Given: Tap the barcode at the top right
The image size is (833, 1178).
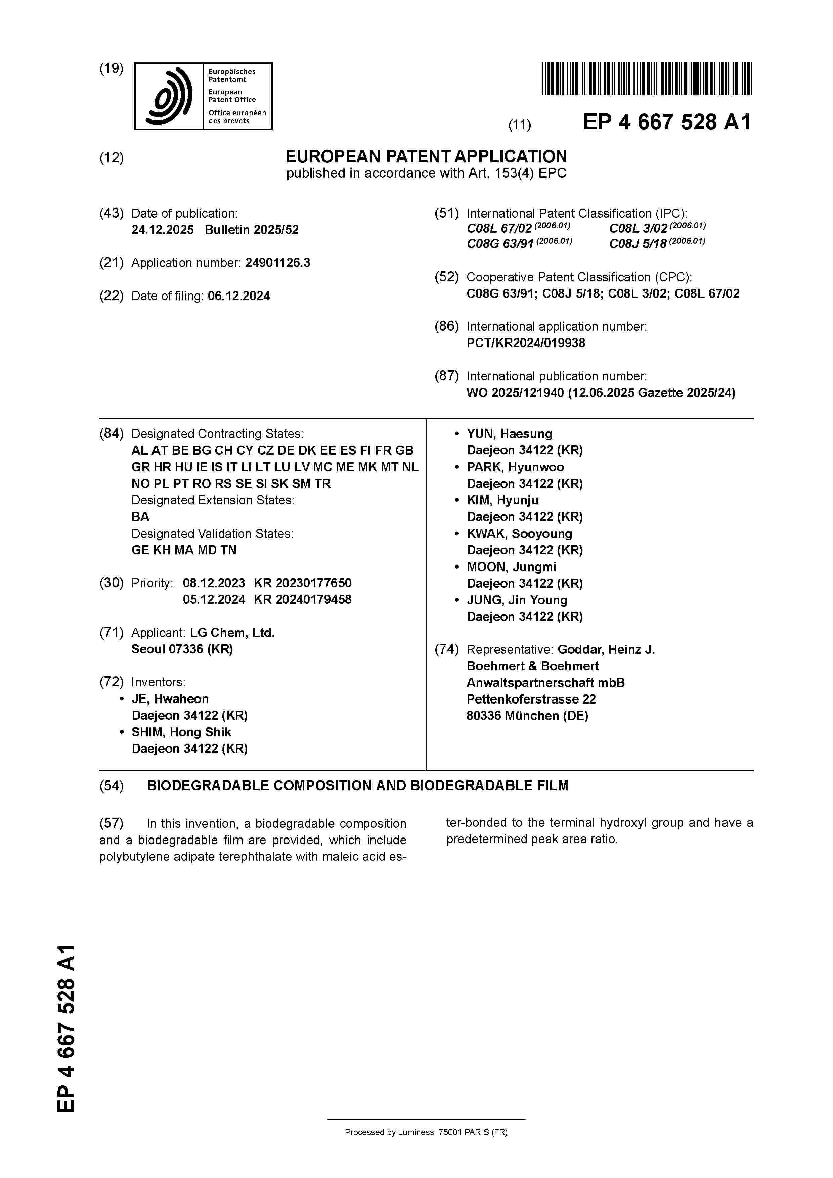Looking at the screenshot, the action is [x=646, y=79].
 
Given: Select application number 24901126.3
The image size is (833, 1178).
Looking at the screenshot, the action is [x=278, y=263].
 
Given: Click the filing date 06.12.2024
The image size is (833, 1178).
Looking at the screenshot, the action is [x=239, y=296].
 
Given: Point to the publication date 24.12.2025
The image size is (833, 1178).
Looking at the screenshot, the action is [x=162, y=230].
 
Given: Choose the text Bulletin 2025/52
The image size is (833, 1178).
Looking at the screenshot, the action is [x=252, y=230].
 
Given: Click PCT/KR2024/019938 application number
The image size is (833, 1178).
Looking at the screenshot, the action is [x=526, y=343].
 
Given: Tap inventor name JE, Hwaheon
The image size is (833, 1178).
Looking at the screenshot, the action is [x=170, y=699].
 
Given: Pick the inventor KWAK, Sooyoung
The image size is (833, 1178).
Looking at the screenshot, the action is [x=519, y=534].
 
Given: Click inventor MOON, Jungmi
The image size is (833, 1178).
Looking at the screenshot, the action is [x=511, y=567].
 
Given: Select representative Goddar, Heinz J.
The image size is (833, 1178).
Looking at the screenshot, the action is [x=606, y=649].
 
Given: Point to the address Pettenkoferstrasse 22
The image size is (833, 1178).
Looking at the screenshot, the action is [x=531, y=699].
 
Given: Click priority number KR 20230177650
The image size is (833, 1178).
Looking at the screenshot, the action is [x=302, y=583].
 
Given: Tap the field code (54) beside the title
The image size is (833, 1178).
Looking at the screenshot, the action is [x=112, y=786].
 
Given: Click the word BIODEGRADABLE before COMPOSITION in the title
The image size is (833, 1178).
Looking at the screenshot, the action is [x=208, y=786].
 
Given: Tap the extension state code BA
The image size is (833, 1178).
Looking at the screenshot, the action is [x=140, y=517].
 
